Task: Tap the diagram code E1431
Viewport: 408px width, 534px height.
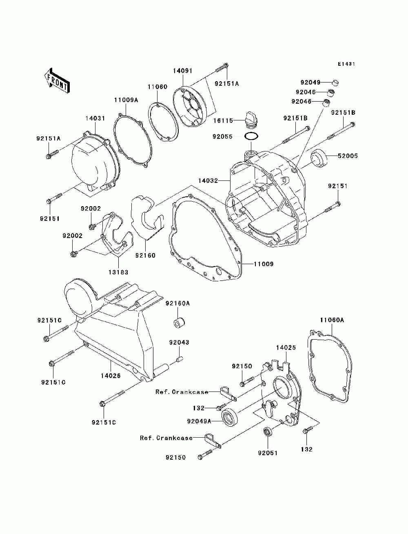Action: click(346, 64)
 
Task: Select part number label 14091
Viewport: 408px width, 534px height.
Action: click(182, 70)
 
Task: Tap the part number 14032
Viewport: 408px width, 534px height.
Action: click(208, 180)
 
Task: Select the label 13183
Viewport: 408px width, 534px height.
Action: click(118, 272)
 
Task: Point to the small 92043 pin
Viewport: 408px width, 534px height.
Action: click(179, 359)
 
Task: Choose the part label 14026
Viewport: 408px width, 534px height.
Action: click(111, 376)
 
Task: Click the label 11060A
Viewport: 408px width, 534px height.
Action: click(332, 320)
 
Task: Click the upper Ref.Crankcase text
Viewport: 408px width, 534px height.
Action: click(182, 392)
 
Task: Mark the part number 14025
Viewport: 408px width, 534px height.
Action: click(286, 347)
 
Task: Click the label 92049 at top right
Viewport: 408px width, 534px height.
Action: click(310, 82)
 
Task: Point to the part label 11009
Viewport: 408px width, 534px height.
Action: click(264, 264)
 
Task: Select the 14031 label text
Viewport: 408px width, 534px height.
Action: click(95, 118)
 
